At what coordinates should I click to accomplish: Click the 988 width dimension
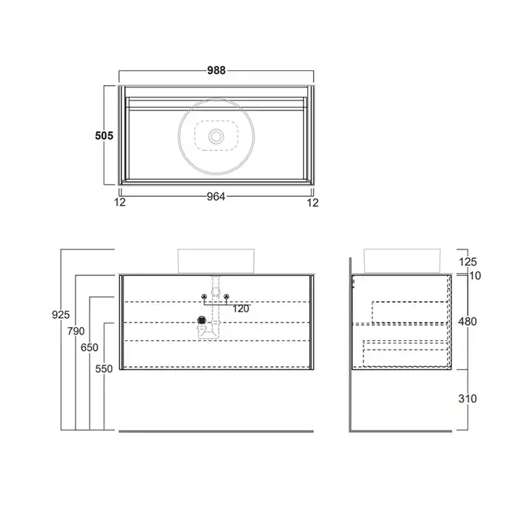pyautogui.click(x=216, y=70)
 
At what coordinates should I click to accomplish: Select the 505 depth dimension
pyautogui.click(x=104, y=135)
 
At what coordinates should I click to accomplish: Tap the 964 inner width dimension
pyautogui.click(x=216, y=197)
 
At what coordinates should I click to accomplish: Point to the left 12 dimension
pyautogui.click(x=120, y=202)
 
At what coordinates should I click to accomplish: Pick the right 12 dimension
pyautogui.click(x=312, y=203)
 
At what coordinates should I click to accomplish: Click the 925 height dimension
pyautogui.click(x=61, y=314)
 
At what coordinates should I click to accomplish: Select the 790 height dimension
pyautogui.click(x=76, y=331)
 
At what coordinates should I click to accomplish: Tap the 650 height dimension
pyautogui.click(x=90, y=348)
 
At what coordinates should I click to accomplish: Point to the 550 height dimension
pyautogui.click(x=104, y=369)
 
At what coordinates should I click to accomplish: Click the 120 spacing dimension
pyautogui.click(x=240, y=309)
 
